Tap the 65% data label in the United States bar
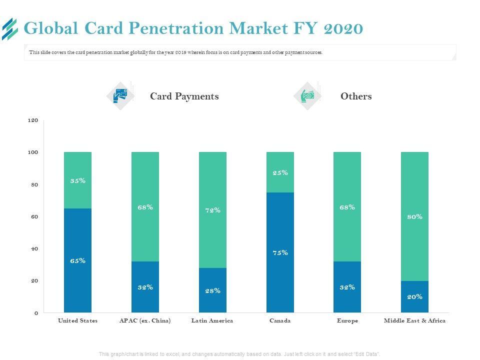(x=78, y=260)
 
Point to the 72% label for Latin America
(x=212, y=210)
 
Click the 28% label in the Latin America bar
(x=212, y=290)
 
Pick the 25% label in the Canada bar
(x=280, y=173)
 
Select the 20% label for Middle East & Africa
(x=414, y=296)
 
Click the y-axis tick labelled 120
(x=33, y=120)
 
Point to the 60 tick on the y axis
(x=34, y=217)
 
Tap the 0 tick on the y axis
(x=36, y=313)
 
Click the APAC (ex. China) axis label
(x=145, y=320)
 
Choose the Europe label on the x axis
(x=347, y=320)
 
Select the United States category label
(x=78, y=320)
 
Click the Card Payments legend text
(x=184, y=96)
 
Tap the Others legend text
(x=356, y=96)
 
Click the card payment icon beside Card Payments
(x=120, y=95)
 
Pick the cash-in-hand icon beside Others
(x=307, y=95)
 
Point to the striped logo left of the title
(x=10, y=28)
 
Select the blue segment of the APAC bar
(x=145, y=287)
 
